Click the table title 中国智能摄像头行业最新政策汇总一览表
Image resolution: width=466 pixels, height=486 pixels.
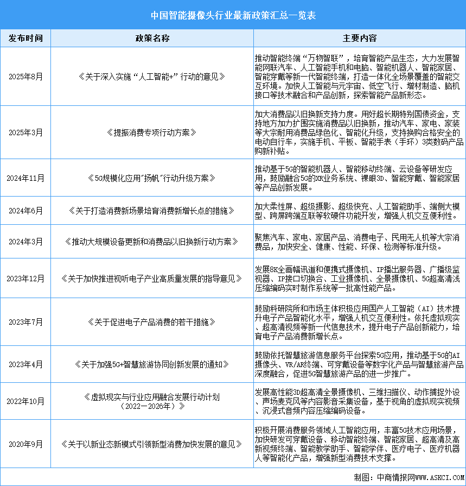233,16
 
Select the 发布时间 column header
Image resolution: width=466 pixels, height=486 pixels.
25,39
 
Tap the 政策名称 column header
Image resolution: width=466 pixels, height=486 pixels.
152,39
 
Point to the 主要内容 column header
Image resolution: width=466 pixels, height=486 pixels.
360,39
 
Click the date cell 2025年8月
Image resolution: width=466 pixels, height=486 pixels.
25,77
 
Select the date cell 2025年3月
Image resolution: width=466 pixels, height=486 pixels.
25,132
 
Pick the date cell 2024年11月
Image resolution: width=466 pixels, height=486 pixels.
25,178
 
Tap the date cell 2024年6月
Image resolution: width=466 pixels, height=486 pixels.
25,210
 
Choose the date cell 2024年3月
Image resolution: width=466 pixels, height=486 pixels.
25,241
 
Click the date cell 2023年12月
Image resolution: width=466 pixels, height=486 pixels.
25,279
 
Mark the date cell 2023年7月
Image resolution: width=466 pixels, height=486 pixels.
25,321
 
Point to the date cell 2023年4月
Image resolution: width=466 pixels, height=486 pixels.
25,364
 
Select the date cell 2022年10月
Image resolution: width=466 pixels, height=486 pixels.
25,401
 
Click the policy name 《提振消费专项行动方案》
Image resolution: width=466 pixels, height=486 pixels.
152,132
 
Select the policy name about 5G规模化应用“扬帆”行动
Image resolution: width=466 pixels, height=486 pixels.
152,178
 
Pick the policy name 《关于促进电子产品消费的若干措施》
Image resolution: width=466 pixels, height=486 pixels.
152,321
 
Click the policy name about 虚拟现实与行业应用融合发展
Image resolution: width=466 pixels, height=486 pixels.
152,401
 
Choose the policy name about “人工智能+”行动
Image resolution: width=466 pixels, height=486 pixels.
152,77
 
